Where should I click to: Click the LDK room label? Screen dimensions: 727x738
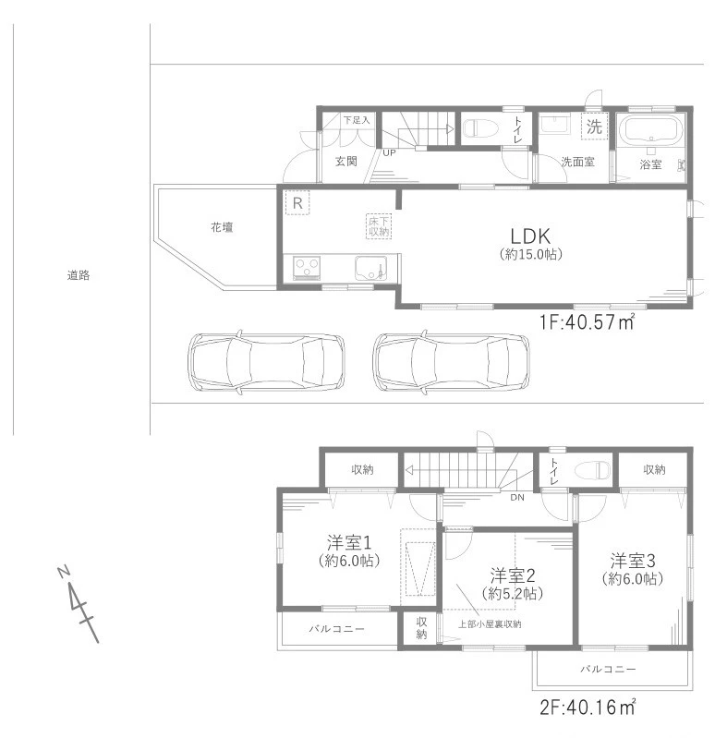pos(530,236)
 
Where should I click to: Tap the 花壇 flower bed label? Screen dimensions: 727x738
pos(222,228)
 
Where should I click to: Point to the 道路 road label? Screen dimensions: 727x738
pos(79,275)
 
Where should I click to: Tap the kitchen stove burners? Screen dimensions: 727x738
pos(307,268)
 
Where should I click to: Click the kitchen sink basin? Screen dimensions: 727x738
pos(370,268)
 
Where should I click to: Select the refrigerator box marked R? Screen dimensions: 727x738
pos(297,203)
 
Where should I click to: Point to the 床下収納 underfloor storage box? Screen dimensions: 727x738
pos(379,227)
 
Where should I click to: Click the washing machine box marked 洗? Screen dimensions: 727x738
pos(594,127)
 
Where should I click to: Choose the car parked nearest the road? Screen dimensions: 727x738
pos(266,362)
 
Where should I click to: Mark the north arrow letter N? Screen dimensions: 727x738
pos(64,572)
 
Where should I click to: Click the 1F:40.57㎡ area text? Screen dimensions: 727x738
pos(588,322)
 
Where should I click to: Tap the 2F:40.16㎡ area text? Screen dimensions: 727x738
pos(588,707)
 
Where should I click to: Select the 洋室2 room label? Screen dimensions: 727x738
pos(513,575)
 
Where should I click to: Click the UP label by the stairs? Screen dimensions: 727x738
pos(390,153)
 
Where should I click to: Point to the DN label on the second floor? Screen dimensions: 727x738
pos(517,497)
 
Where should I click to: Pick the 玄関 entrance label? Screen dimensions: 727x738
pos(346,162)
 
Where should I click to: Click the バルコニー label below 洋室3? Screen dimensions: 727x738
pos(608,669)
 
